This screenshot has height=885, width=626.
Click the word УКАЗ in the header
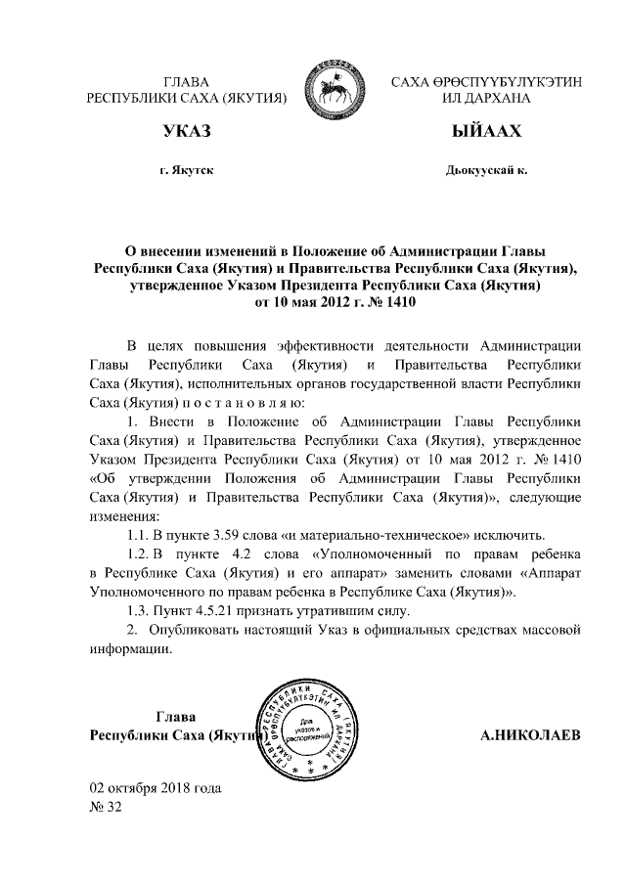187,132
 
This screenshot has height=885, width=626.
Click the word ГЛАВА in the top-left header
187,82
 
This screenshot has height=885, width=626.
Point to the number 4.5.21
214,611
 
